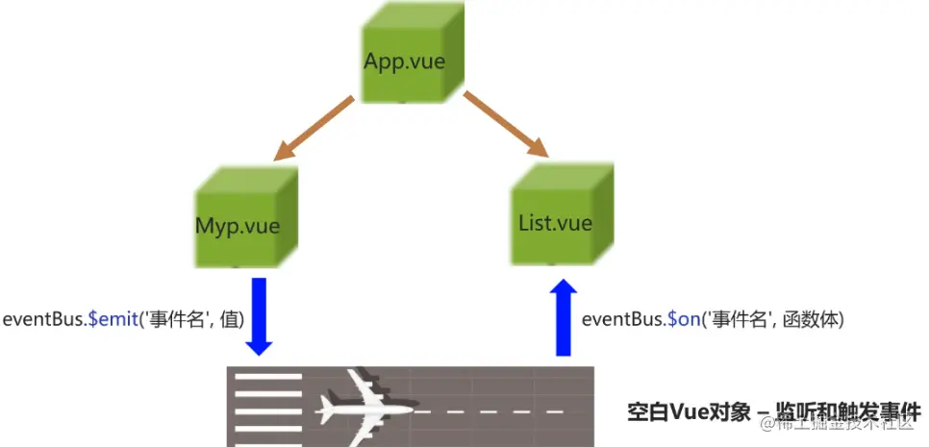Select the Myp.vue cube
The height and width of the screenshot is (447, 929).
tap(244, 219)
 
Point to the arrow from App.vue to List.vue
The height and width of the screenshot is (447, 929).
tap(506, 124)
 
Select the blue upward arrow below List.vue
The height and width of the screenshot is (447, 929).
tap(565, 317)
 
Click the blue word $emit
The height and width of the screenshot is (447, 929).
tap(113, 319)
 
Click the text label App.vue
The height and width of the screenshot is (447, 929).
tap(404, 61)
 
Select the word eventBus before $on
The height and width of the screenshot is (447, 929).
tap(622, 319)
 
